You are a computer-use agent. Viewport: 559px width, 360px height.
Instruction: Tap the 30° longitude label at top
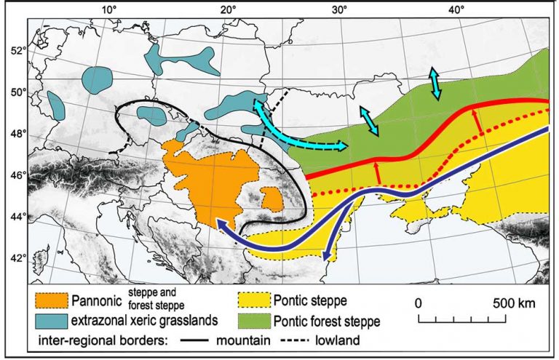(x=341, y=9)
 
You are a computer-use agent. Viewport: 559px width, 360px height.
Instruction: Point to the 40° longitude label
(x=456, y=9)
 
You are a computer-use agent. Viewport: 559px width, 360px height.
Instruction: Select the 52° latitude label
(x=17, y=50)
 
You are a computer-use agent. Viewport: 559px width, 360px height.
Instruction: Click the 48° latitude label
(x=17, y=133)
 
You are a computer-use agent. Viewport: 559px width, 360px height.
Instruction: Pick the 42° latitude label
(x=17, y=258)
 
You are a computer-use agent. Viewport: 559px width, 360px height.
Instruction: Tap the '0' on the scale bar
(x=418, y=301)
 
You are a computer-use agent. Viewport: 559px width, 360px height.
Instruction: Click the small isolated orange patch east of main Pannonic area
(x=271, y=199)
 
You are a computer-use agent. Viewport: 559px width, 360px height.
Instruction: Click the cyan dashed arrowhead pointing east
(x=343, y=146)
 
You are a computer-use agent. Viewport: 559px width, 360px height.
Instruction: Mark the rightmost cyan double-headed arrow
(x=435, y=83)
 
